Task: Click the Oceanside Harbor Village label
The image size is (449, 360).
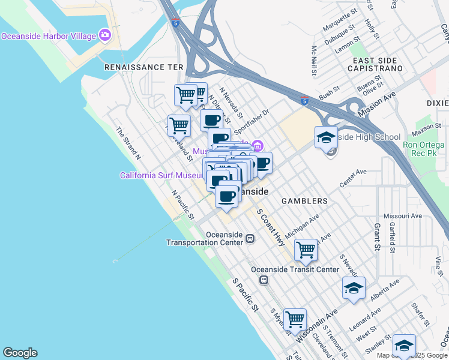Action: pyautogui.click(x=49, y=36)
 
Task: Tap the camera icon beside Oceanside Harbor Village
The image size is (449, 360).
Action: pyautogui.click(x=106, y=35)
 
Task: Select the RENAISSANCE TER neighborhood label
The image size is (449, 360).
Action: pyautogui.click(x=143, y=67)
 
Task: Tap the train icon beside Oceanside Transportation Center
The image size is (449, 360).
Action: pyautogui.click(x=249, y=239)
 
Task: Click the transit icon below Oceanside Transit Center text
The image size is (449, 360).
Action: pyautogui.click(x=263, y=280)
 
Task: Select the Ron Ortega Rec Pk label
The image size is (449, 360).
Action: pyautogui.click(x=423, y=149)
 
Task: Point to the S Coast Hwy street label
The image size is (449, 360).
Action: pyautogui.click(x=271, y=228)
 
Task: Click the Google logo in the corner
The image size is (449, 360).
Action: pyautogui.click(x=20, y=353)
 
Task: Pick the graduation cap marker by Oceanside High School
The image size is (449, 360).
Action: pyautogui.click(x=326, y=137)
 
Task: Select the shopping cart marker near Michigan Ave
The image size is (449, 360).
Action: pyautogui.click(x=306, y=250)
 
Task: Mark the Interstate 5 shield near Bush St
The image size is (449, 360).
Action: pyautogui.click(x=304, y=101)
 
